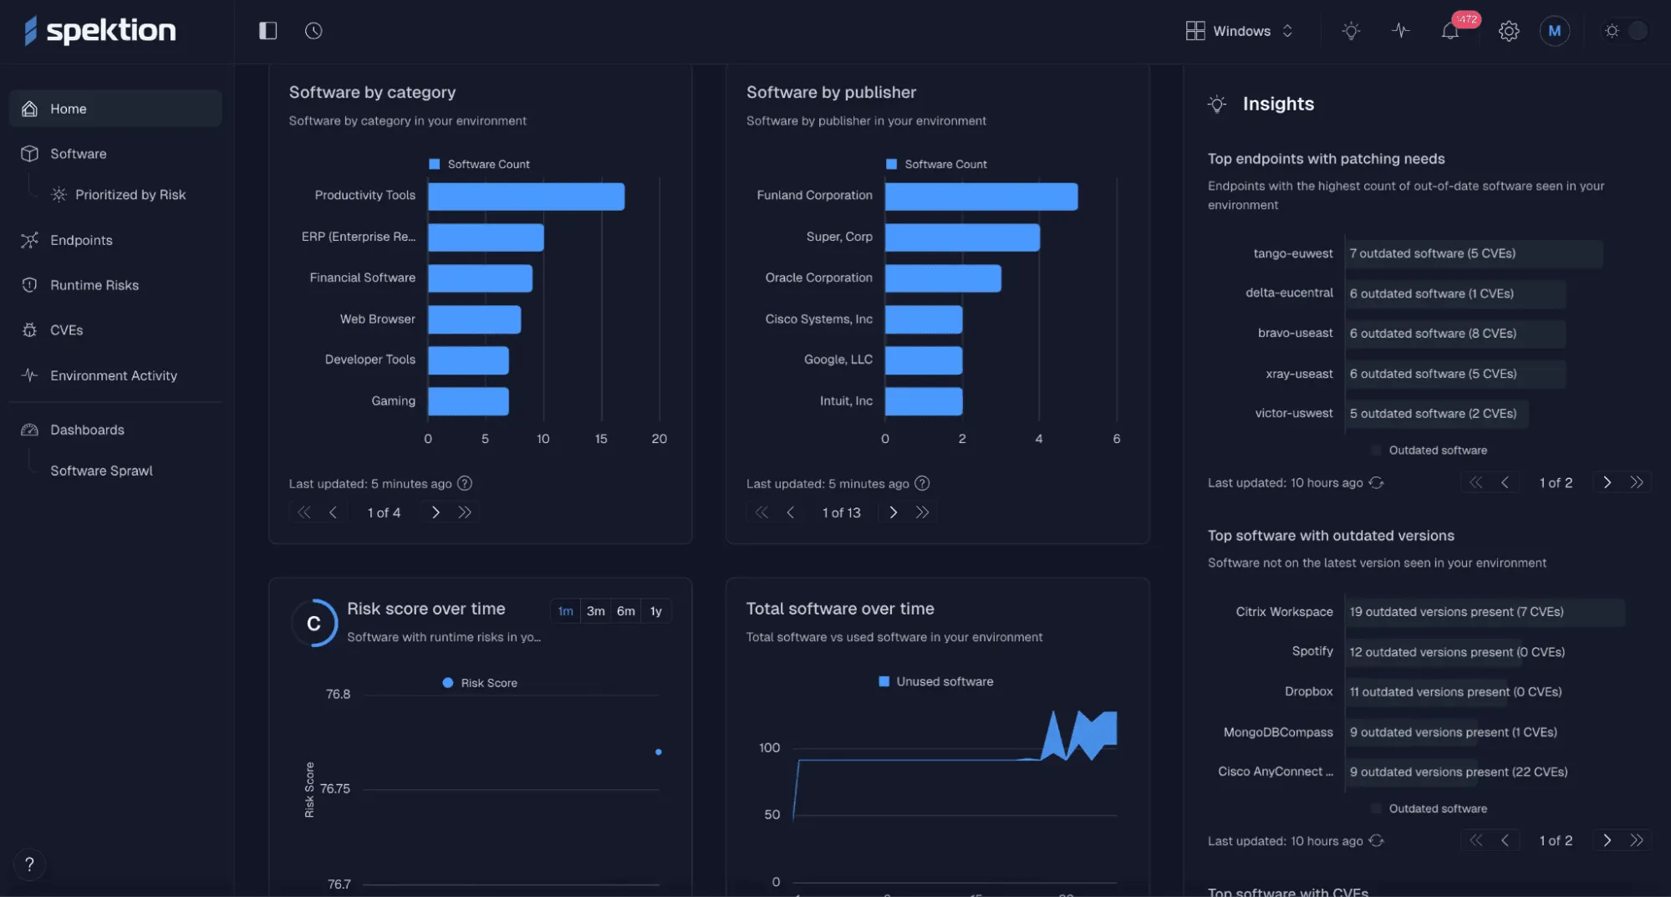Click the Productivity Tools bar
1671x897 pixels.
tap(526, 196)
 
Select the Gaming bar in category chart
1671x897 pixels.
tap(468, 401)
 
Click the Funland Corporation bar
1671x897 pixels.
tap(981, 196)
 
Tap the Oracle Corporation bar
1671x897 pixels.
tap(942, 278)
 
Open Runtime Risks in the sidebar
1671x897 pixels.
tap(94, 285)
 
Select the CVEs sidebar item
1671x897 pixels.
tap(66, 330)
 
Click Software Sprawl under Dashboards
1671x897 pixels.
tap(101, 471)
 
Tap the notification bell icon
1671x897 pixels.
tap(1449, 32)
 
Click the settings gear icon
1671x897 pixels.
tap(1508, 32)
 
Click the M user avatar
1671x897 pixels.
tap(1554, 31)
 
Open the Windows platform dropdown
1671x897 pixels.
tap(1241, 31)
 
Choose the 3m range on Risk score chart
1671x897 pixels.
tap(595, 611)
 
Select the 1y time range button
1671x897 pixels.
tap(655, 611)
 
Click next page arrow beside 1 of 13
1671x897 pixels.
tap(893, 512)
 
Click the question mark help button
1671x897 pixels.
tap(29, 864)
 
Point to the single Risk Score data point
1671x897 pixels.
tap(659, 752)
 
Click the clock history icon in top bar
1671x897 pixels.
tap(313, 31)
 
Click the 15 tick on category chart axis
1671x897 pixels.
tap(601, 439)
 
